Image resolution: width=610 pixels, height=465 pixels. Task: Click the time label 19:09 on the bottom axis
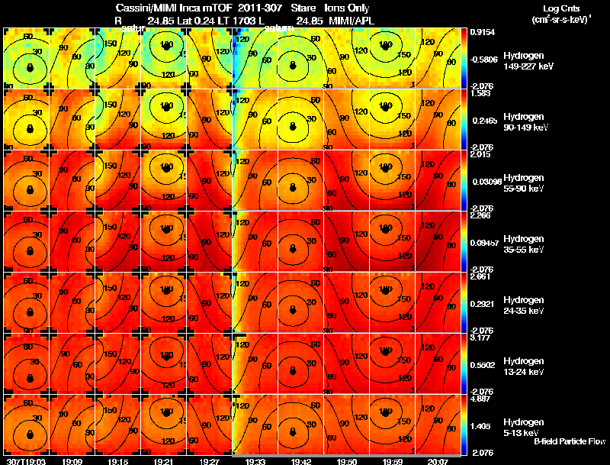[72, 461]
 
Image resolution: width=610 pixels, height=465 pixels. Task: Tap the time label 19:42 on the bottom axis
[300, 461]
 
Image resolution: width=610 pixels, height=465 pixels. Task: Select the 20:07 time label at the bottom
[438, 461]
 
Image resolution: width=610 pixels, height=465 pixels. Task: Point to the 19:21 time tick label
[163, 461]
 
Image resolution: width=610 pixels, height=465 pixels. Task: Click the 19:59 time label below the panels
[392, 461]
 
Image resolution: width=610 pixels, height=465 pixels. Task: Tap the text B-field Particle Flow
[569, 441]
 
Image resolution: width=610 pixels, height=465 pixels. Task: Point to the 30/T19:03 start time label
[24, 461]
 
